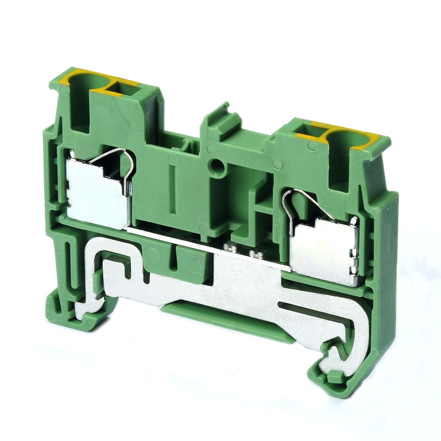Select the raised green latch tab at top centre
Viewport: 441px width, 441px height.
(220, 114)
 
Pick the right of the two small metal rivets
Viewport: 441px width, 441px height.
(255, 254)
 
